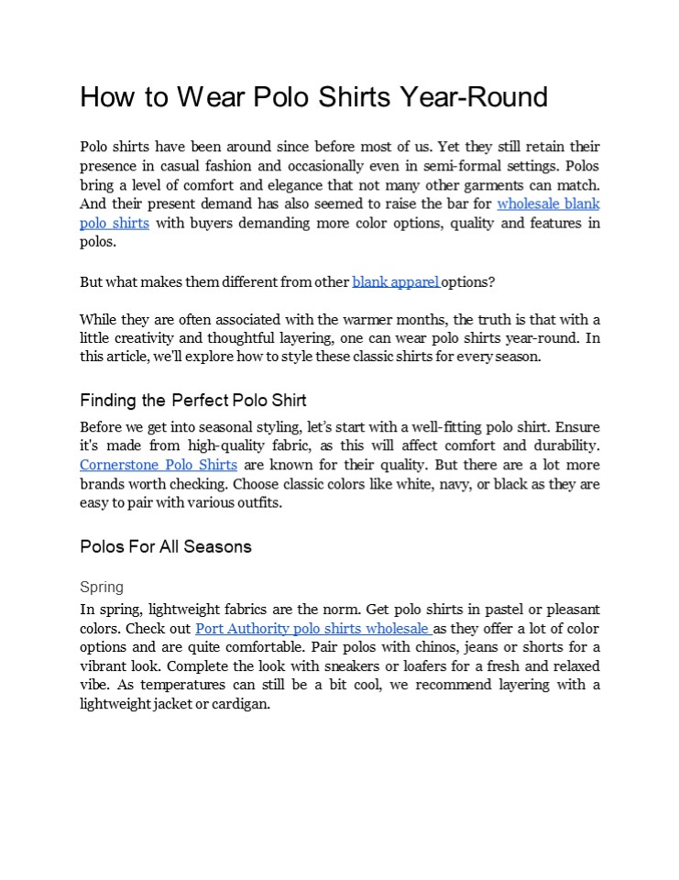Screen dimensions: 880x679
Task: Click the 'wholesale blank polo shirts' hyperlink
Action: [548, 204]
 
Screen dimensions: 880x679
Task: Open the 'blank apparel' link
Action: [395, 282]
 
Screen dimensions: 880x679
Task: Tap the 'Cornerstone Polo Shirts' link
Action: [158, 466]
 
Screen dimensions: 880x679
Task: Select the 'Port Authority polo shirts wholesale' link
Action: [312, 629]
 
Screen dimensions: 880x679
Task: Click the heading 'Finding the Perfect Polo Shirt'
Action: [192, 401]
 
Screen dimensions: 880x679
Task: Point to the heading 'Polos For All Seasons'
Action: [165, 547]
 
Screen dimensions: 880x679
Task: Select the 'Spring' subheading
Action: [101, 587]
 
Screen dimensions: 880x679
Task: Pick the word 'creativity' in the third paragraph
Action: [142, 338]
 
